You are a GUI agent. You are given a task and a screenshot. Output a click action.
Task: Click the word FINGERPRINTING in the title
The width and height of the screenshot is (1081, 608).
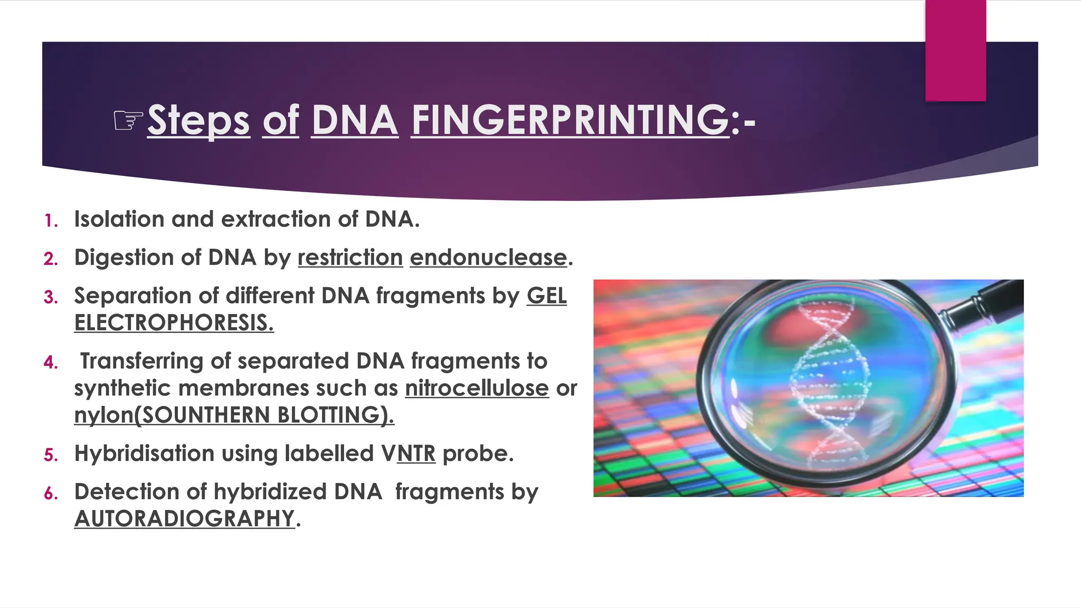point(570,120)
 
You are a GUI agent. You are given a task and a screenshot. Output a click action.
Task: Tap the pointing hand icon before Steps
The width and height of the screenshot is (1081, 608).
point(128,121)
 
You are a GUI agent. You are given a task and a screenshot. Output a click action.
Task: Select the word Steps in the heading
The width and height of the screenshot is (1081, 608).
point(198,121)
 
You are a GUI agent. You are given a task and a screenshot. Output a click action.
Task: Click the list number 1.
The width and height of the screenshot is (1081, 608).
point(51,221)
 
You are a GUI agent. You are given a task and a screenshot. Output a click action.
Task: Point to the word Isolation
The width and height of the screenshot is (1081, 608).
point(119,219)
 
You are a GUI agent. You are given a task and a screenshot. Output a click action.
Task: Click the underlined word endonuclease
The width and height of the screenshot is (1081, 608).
point(488,258)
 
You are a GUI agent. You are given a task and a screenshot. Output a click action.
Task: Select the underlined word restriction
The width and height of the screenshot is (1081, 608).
point(350,258)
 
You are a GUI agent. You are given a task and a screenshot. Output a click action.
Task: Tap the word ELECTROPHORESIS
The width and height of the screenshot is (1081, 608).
point(174,323)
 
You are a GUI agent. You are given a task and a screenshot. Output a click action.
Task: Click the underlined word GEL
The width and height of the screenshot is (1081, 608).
point(546,296)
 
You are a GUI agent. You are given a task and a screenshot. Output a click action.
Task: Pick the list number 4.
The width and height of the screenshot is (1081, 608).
point(51,363)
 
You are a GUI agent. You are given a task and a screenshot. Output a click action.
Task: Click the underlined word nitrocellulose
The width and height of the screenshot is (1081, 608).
point(477,388)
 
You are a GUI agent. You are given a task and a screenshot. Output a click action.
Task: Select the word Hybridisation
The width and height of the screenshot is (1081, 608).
point(144,453)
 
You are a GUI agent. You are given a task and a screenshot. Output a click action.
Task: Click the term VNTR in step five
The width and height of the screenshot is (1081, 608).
point(408,453)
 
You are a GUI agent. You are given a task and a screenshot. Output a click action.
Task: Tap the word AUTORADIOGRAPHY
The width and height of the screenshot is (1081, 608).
point(184,519)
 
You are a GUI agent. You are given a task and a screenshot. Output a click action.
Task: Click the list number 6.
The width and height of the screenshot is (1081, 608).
point(51,493)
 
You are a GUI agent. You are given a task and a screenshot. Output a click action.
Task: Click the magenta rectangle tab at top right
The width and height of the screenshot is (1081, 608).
point(955,50)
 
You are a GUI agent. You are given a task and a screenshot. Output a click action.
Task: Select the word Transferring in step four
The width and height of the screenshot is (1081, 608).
point(141,362)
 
